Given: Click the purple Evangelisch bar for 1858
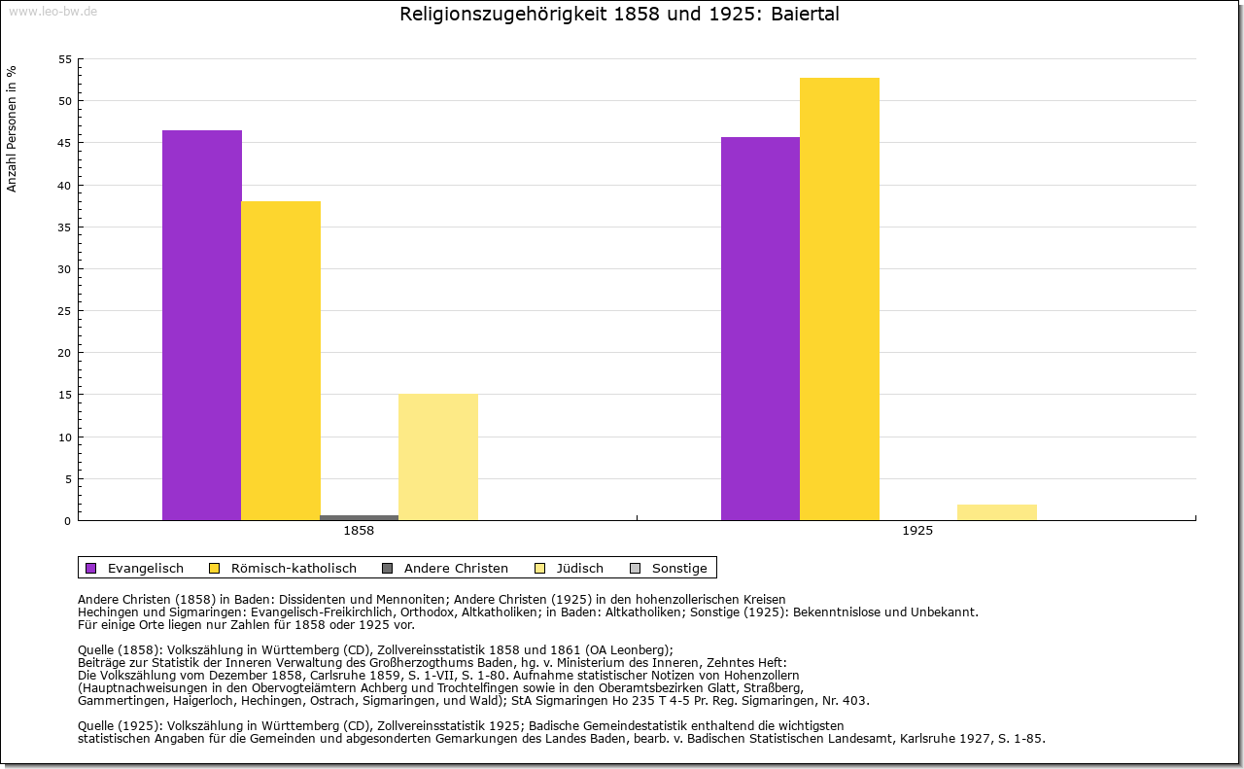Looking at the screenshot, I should [x=201, y=326].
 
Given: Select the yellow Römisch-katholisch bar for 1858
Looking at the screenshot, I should [x=281, y=361].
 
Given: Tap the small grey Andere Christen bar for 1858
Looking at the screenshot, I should [x=359, y=517].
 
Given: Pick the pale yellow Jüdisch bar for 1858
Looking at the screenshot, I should [x=437, y=457].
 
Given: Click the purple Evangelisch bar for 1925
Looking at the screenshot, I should [x=760, y=329].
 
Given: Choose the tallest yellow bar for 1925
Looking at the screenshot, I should [x=840, y=298].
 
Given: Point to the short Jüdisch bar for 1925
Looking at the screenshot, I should [x=997, y=512].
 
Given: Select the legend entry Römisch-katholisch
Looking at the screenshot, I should [x=294, y=568].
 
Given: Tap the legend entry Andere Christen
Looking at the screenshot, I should [x=456, y=568].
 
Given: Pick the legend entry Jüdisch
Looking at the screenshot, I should [x=579, y=568].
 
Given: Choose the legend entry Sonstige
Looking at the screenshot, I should [x=679, y=568].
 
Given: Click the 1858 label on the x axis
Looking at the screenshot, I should [x=359, y=531].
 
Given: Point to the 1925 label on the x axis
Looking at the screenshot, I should [x=917, y=531].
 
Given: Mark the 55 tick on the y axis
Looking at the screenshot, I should [x=65, y=59].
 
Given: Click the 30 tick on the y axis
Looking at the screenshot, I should [x=65, y=269].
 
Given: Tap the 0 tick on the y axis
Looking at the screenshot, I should [x=68, y=521].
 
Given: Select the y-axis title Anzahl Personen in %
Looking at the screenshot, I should [x=12, y=129].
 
